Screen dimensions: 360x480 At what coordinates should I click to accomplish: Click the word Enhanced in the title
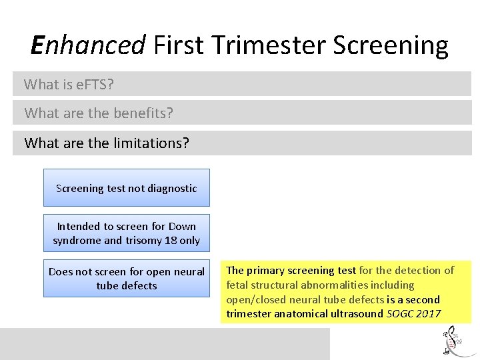coord(88,45)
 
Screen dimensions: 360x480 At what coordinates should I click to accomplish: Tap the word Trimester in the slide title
coord(269,45)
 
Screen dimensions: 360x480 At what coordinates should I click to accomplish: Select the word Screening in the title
coord(391,45)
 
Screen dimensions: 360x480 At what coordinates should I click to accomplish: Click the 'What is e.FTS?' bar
coord(241,84)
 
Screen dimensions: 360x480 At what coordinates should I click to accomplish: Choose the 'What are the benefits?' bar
coord(241,113)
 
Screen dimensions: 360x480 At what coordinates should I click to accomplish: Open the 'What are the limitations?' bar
coord(241,143)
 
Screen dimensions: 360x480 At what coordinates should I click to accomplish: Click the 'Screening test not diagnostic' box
coord(126,188)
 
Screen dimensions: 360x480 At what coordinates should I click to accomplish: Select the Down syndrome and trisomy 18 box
coord(126,233)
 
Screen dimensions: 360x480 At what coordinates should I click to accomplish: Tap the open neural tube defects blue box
coord(126,278)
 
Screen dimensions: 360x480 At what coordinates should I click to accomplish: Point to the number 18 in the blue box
coord(176,240)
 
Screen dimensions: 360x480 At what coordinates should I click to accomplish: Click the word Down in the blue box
coord(183,226)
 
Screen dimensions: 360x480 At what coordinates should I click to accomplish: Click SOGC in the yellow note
coord(400,313)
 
